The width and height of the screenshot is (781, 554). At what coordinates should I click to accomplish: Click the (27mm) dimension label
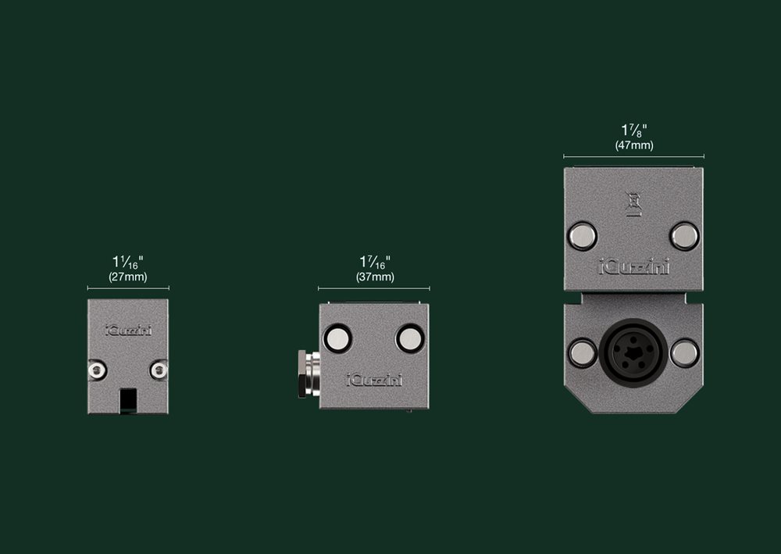tap(128, 277)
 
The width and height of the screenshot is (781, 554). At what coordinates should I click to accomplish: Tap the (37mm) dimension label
tap(375, 277)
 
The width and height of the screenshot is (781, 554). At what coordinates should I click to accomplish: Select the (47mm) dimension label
tap(634, 145)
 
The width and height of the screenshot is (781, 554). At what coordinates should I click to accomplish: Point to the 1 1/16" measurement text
tap(128, 262)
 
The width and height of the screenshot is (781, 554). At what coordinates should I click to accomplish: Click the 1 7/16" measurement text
tap(375, 262)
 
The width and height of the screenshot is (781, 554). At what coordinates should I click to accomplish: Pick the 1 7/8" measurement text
tap(634, 130)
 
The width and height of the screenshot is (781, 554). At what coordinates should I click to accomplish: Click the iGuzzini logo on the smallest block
tap(129, 331)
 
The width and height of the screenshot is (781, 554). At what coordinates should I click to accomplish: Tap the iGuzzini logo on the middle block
tap(375, 380)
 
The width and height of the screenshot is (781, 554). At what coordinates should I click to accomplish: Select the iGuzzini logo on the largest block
tap(633, 267)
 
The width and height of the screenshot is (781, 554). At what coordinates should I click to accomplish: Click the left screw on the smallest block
tap(97, 370)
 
